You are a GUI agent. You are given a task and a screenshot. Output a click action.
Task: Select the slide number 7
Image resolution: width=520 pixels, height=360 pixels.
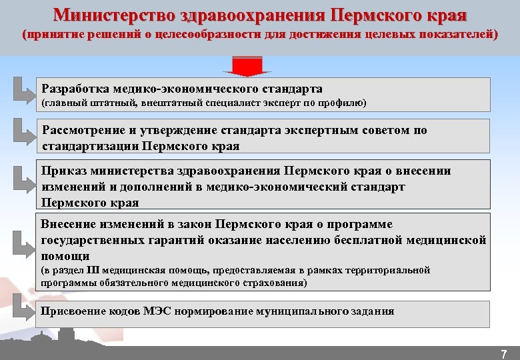pyautogui.click(x=504, y=353)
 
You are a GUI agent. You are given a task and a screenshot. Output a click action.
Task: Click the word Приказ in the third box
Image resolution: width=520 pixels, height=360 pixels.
pyautogui.click(x=61, y=171)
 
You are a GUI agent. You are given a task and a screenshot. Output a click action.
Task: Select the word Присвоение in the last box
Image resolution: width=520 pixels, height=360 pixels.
pyautogui.click(x=75, y=311)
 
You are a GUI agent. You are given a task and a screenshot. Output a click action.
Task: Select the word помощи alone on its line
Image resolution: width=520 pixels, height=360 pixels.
pyautogui.click(x=65, y=256)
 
